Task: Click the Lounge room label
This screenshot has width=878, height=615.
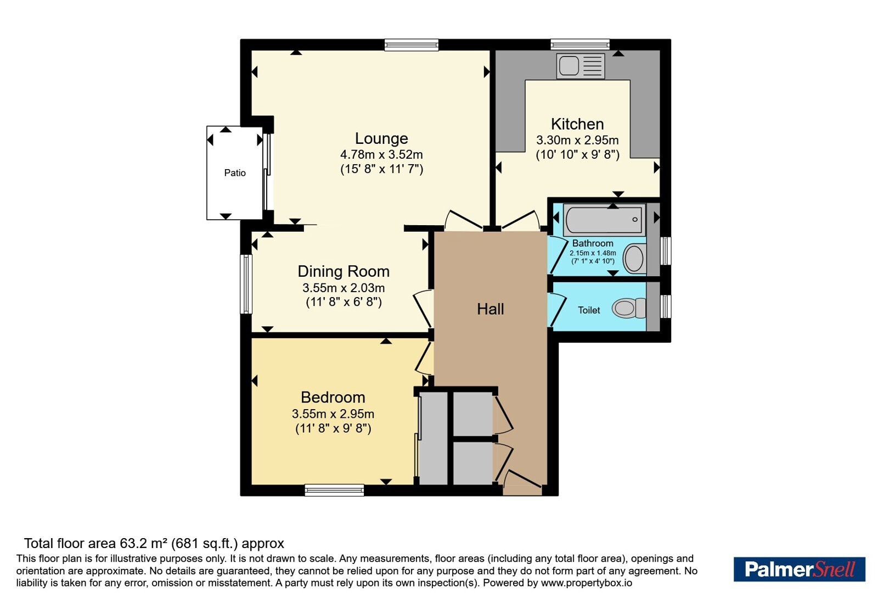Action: pyautogui.click(x=381, y=138)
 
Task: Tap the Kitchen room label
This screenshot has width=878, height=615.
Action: pyautogui.click(x=577, y=124)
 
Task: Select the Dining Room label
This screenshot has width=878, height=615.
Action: pyautogui.click(x=344, y=271)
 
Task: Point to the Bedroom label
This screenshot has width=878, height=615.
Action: pyautogui.click(x=333, y=398)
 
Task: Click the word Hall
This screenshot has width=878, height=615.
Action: pyautogui.click(x=491, y=309)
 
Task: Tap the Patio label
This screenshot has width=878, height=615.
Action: pyautogui.click(x=235, y=173)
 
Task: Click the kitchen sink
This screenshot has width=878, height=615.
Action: pyautogui.click(x=581, y=66)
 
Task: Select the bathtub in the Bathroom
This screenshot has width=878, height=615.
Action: pyautogui.click(x=604, y=220)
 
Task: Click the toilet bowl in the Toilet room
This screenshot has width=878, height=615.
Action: pyautogui.click(x=629, y=308)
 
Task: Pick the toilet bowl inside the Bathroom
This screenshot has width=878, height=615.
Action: pyautogui.click(x=634, y=259)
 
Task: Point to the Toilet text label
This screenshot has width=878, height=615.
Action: pyautogui.click(x=589, y=310)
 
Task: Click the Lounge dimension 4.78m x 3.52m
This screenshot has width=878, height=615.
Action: pyautogui.click(x=381, y=154)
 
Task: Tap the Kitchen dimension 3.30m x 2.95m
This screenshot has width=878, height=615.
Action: pyautogui.click(x=577, y=140)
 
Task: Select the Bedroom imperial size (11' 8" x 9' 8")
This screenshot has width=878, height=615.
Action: pyautogui.click(x=333, y=428)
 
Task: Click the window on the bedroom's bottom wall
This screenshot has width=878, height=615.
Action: pyautogui.click(x=334, y=490)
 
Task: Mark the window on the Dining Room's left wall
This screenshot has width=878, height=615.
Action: pyautogui.click(x=246, y=284)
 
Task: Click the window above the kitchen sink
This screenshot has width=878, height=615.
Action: pyautogui.click(x=580, y=44)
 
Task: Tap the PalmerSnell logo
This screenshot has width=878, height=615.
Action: pyautogui.click(x=799, y=569)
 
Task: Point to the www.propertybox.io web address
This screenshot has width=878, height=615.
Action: pyautogui.click(x=587, y=583)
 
